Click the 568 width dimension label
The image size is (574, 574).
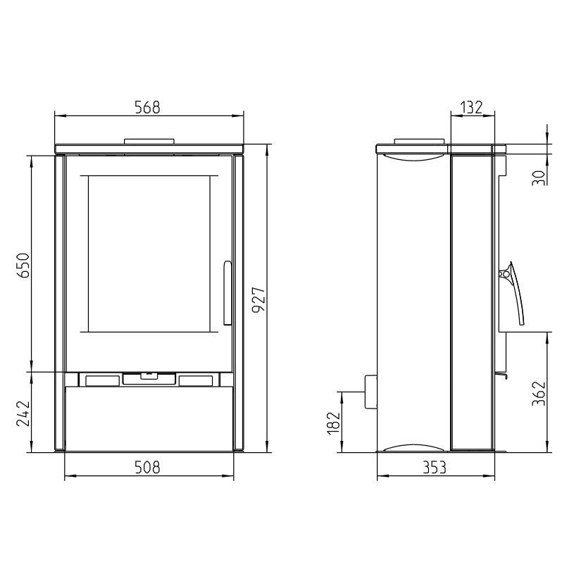click(147, 107)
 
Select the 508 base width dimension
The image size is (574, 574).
click(147, 467)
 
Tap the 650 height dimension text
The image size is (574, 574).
click(24, 265)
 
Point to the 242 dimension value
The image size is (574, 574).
click(23, 413)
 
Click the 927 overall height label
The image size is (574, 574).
click(258, 299)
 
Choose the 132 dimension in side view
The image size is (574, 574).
click(471, 107)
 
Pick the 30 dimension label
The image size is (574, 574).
click(539, 177)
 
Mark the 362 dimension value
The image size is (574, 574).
click(539, 393)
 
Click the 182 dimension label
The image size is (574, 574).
click(334, 423)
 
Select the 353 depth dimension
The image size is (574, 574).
click(435, 467)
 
